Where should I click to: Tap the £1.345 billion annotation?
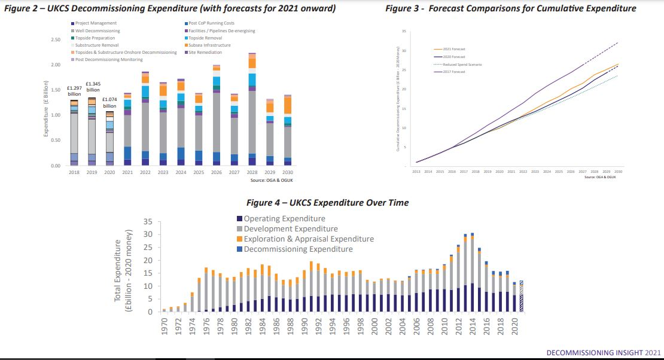[x=93, y=87]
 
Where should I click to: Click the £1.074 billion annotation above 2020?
[x=109, y=103]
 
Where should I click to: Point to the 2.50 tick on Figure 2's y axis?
[x=55, y=39]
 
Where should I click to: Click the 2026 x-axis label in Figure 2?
[x=217, y=172]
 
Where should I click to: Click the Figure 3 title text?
[x=510, y=8]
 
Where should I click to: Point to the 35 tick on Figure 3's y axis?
[x=404, y=32]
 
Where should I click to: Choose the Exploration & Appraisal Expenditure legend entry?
[x=309, y=239]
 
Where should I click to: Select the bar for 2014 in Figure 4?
[x=472, y=273]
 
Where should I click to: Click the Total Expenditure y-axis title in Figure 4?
[x=123, y=270]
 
